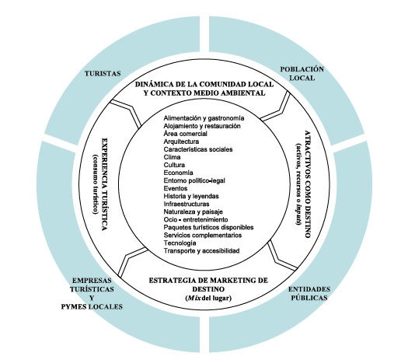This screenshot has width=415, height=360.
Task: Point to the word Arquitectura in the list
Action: [182, 142]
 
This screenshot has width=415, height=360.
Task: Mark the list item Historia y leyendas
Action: [192, 196]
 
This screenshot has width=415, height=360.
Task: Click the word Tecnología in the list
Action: [180, 243]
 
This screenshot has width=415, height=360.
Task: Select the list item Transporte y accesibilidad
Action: [201, 250]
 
